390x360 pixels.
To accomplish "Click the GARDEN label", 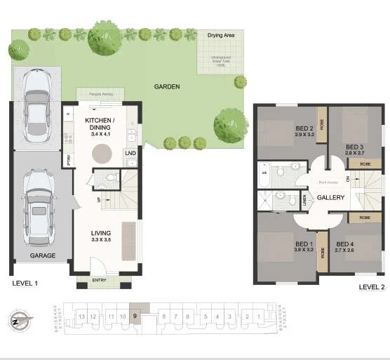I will (167, 87).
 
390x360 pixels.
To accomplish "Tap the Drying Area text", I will (221, 34).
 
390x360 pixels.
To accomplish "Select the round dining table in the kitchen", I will (104, 152).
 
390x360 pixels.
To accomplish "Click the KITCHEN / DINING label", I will (103, 124).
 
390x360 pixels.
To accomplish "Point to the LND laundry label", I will (130, 153).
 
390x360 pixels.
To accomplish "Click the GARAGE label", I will (43, 256).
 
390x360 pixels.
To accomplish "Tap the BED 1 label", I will (304, 244).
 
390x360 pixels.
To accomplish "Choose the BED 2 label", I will (304, 129).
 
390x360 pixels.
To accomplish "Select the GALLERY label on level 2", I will (330, 197).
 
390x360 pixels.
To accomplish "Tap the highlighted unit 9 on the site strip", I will (134, 317).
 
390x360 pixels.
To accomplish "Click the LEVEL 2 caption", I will (372, 287).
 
